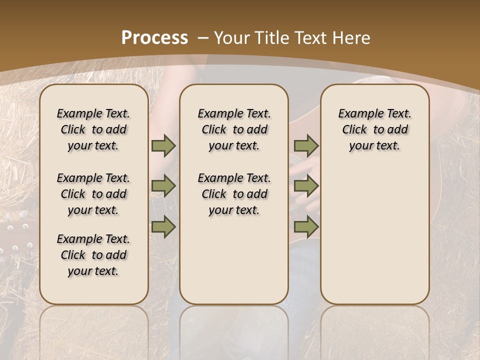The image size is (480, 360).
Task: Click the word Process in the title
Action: (154, 38)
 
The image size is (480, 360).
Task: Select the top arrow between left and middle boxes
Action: (163, 146)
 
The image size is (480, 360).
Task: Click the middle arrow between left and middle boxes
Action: (163, 186)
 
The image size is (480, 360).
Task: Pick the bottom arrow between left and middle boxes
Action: (163, 226)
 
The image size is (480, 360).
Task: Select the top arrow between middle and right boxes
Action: (306, 146)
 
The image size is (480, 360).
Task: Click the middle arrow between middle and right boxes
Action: (306, 186)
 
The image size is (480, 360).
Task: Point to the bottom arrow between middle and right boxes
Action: (306, 226)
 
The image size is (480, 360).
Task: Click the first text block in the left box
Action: (93, 129)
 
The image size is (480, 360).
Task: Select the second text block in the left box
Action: (93, 194)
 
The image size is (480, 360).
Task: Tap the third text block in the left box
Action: (93, 255)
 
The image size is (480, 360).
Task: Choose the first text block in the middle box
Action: (234, 129)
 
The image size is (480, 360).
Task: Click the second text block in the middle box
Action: (234, 194)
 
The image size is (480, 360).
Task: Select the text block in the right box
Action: (374, 129)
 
